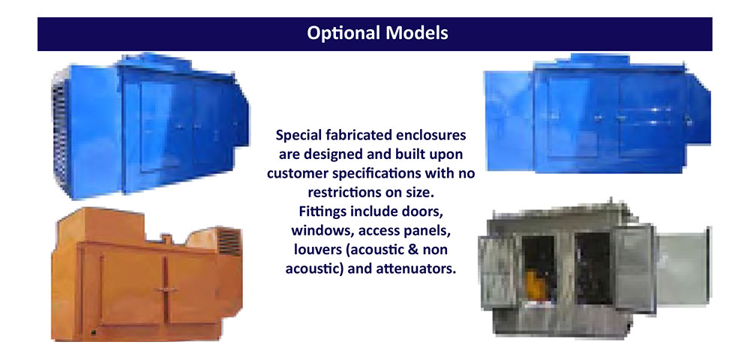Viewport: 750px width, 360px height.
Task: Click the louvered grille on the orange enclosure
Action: [x=229, y=241]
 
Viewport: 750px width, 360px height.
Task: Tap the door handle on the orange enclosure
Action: [x=166, y=289]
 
